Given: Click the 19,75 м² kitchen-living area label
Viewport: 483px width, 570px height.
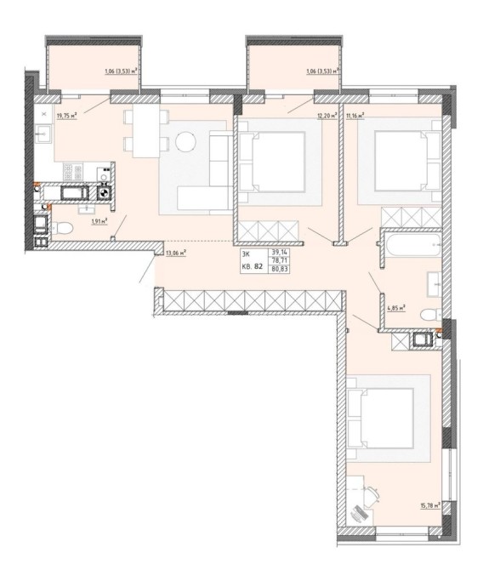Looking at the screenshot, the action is click(67, 116).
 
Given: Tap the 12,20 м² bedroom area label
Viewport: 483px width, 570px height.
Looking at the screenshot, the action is click(327, 116).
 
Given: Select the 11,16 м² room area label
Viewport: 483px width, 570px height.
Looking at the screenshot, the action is click(355, 116).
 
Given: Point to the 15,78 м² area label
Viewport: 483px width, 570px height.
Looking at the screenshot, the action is click(430, 505).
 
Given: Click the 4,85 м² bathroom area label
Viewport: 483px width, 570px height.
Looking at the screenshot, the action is click(396, 308).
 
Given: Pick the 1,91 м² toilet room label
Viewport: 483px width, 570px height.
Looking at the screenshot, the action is click(99, 221).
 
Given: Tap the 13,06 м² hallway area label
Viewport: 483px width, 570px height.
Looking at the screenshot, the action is click(176, 253).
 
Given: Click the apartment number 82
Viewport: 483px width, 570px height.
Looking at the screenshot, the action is click(259, 265).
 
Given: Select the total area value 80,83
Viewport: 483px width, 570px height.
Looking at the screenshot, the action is click(278, 269).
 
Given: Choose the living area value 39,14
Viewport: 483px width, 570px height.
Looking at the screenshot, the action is click(278, 252).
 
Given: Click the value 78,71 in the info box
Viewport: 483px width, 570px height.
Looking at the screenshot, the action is click(278, 260).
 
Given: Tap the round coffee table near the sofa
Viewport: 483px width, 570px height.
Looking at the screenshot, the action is click(185, 141).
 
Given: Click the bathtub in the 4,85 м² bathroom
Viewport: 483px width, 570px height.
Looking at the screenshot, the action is click(413, 245).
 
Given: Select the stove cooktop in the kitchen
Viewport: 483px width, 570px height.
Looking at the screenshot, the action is click(73, 172).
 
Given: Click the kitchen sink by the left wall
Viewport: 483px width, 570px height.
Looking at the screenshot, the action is click(43, 134).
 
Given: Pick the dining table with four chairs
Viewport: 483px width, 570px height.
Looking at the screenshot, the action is click(146, 130).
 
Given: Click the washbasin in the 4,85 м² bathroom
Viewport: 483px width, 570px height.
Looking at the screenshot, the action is click(435, 284).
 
